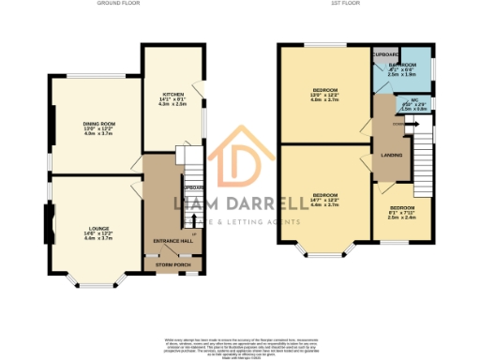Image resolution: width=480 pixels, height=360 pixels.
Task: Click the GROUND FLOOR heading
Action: click(x=119, y=4)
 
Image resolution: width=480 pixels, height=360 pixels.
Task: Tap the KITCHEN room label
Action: click(x=173, y=94)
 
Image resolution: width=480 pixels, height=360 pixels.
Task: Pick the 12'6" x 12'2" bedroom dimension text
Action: click(x=324, y=96)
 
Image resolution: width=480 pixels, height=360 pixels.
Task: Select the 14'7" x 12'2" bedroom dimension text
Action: click(x=324, y=200)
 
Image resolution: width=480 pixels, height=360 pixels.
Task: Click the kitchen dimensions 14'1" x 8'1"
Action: click(x=173, y=99)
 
